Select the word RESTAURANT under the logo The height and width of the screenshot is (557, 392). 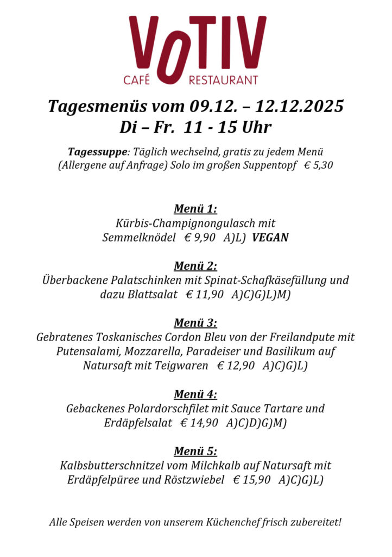click(223, 81)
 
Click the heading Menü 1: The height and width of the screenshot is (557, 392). click(195, 209)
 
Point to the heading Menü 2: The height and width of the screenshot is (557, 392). click(195, 266)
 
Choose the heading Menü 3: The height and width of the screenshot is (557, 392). click(195, 323)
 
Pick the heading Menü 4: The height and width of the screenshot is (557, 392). click(195, 394)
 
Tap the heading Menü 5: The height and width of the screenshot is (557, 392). click(195, 451)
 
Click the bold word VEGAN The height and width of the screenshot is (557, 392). click(270, 238)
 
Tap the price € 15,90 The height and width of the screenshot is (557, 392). click(251, 480)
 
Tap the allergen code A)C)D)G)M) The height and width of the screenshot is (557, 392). click(256, 423)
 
